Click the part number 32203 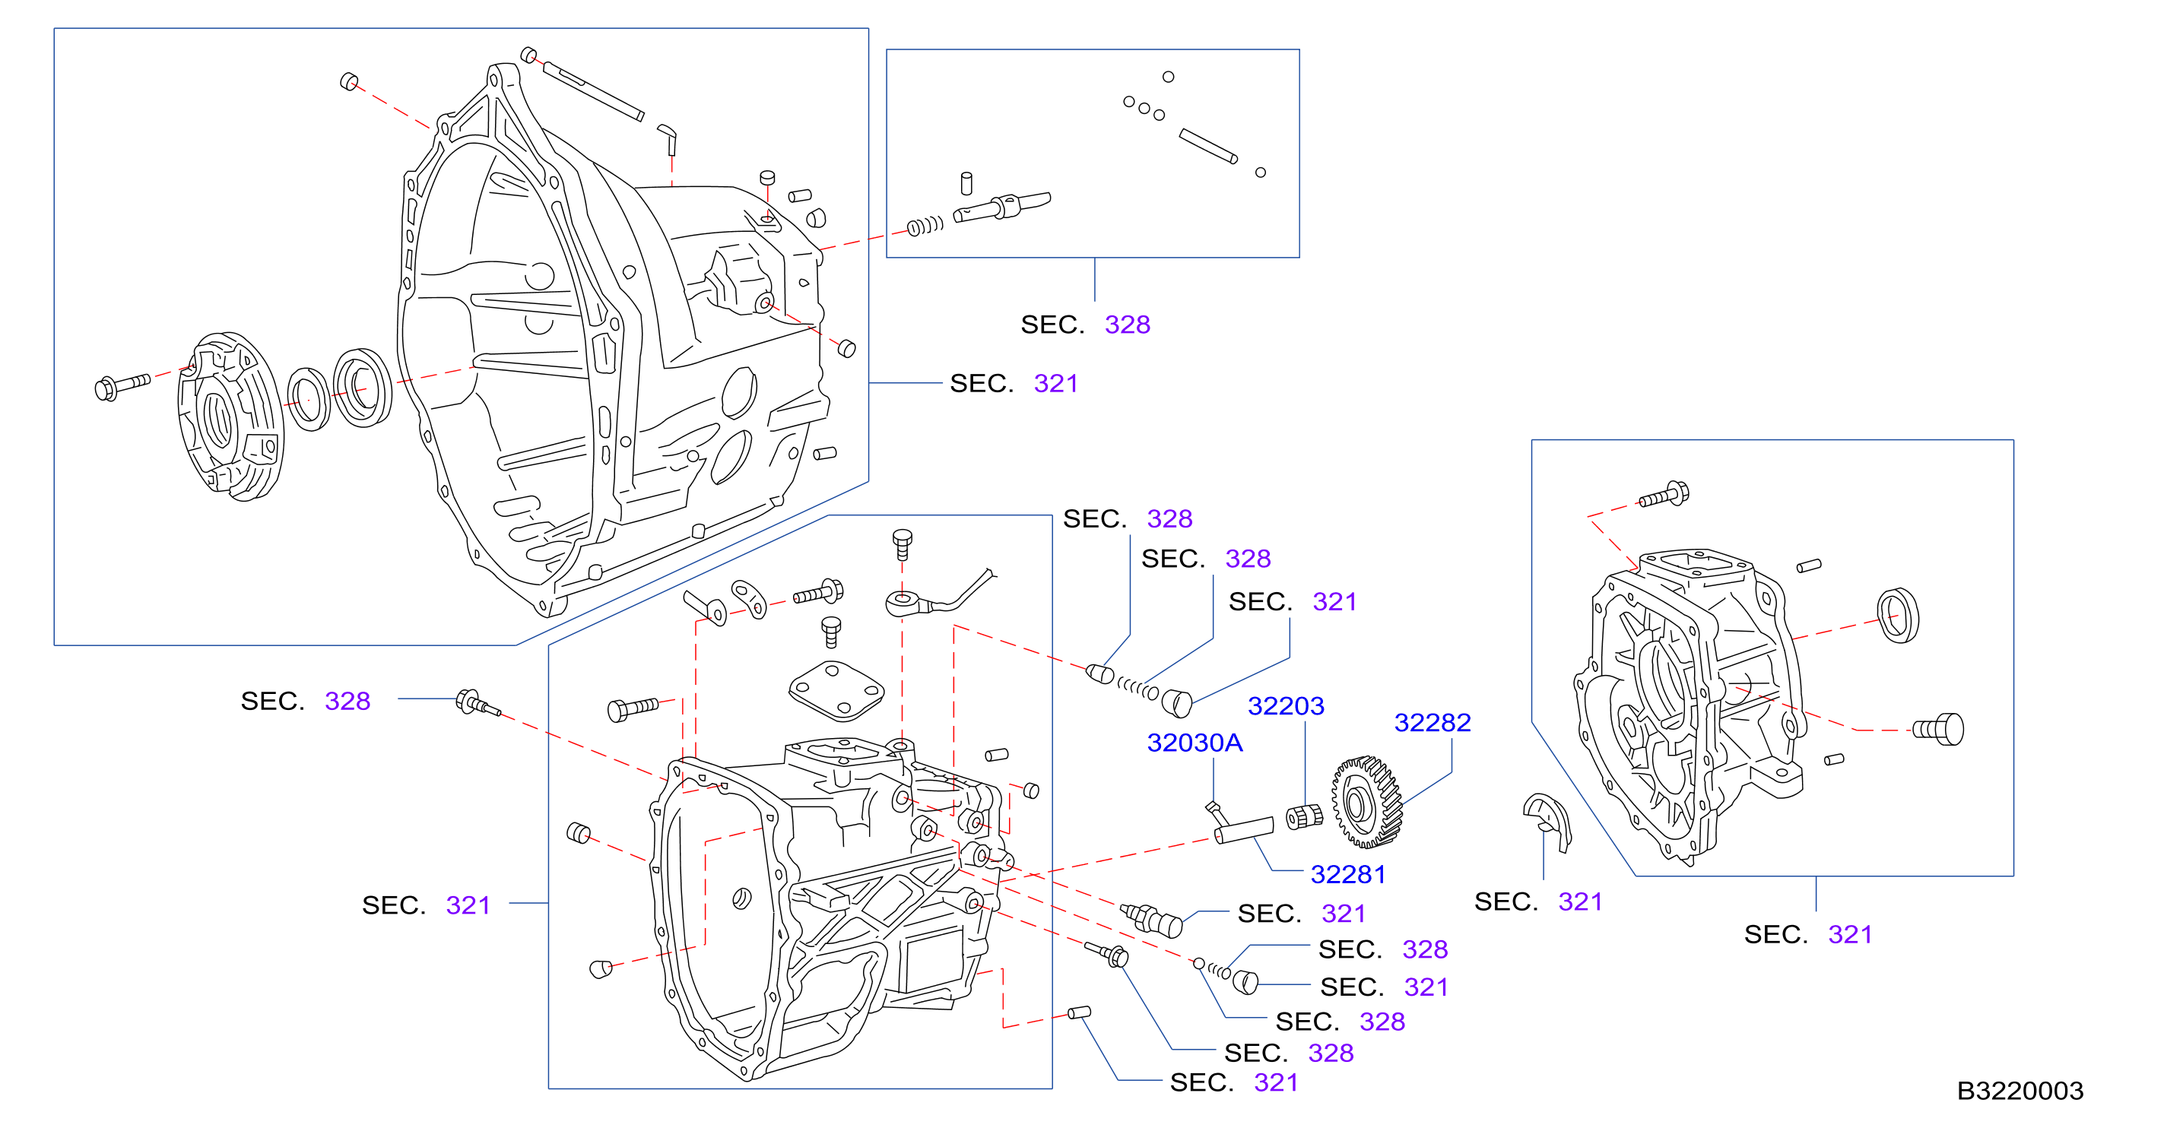click(x=1286, y=705)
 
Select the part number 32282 click(x=1432, y=723)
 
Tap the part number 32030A click(x=1195, y=743)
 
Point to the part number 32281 click(x=1347, y=875)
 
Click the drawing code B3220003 click(x=2019, y=1091)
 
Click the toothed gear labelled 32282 click(x=1366, y=802)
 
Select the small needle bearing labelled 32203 click(x=1305, y=816)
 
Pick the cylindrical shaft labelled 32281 click(x=1243, y=829)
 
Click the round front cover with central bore click(x=230, y=417)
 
